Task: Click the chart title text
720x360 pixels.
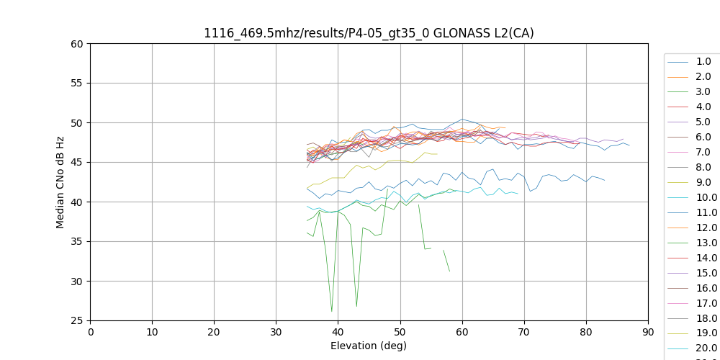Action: click(x=369, y=33)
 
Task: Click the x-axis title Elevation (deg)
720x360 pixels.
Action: click(x=369, y=346)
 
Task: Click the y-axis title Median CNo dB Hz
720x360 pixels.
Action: click(x=60, y=182)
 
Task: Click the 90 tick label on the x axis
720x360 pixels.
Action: click(x=648, y=332)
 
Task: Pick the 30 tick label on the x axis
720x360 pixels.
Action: click(x=276, y=332)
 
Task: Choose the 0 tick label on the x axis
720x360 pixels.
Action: click(x=90, y=332)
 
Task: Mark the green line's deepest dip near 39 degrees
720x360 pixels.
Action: click(x=332, y=312)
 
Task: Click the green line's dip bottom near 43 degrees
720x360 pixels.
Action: click(x=356, y=307)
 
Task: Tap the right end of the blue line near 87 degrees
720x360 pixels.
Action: click(x=629, y=145)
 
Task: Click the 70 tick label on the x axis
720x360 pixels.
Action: click(x=524, y=332)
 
